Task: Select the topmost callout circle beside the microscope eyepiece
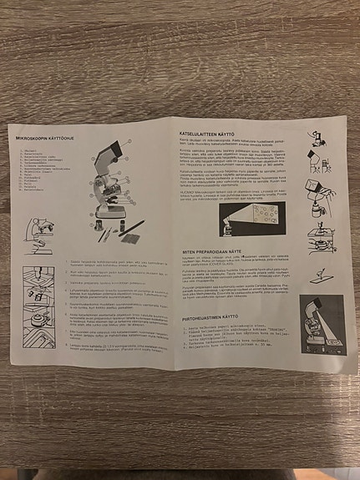(x=127, y=143)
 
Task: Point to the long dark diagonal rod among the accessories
(x=132, y=226)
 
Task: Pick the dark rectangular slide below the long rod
(x=129, y=237)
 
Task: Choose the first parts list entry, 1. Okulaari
(x=34, y=150)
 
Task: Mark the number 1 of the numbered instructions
(x=67, y=260)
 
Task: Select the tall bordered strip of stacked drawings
(x=39, y=301)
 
